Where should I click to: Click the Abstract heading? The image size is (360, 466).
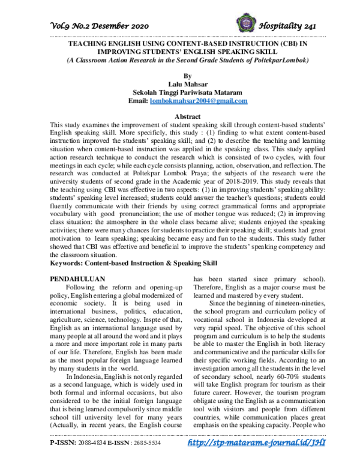pos(179,116)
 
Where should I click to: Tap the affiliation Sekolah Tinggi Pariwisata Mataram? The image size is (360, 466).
pos(179,93)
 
